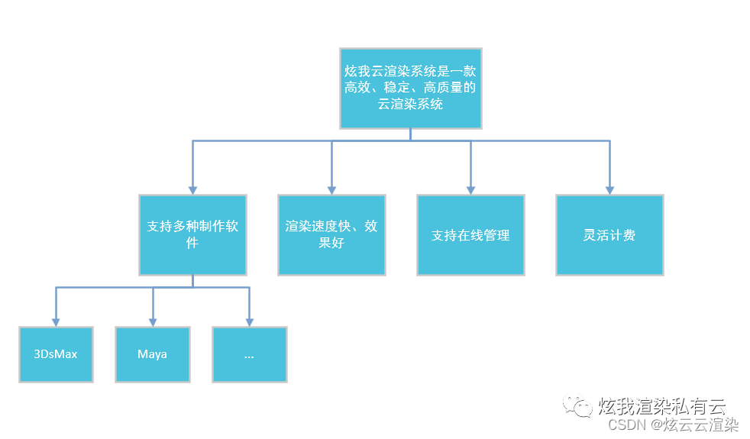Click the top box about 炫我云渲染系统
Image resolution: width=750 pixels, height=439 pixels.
pos(410,89)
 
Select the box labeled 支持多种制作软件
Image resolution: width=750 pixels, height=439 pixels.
pos(192,235)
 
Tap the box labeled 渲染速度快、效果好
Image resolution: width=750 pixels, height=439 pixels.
pos(331,235)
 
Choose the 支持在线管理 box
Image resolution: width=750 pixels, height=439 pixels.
pos(470,235)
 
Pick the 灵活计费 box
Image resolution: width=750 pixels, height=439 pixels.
pos(609,235)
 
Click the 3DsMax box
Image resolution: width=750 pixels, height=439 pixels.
pos(56,354)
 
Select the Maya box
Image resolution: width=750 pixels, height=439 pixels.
pos(153,354)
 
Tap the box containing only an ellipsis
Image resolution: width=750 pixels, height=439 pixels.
pos(250,354)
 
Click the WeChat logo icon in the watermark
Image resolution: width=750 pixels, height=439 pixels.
pos(577,406)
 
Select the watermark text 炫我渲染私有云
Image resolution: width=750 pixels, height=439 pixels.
pos(661,406)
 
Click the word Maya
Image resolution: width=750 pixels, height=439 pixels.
pos(152,354)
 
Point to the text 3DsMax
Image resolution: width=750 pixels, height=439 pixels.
pos(56,354)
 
